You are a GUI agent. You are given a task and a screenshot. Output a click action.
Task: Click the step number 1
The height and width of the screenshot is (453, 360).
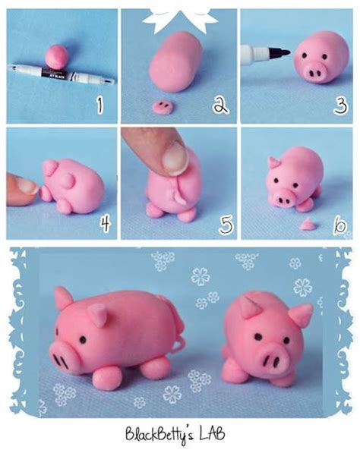100,104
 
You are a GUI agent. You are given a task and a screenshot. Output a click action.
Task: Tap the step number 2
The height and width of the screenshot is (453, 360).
219,105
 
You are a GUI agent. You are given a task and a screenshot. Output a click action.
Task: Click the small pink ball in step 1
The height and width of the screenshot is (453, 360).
56,55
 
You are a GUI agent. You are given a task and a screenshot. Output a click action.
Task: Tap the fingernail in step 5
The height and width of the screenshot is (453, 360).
175,157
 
